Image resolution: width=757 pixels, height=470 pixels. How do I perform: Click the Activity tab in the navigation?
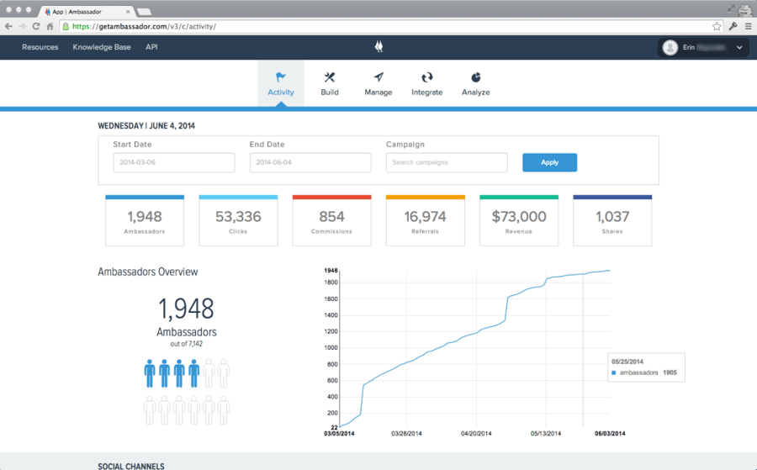coord(281,83)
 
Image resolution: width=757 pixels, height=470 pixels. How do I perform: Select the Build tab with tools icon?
coord(330,83)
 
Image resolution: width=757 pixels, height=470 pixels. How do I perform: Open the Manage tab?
coord(378,83)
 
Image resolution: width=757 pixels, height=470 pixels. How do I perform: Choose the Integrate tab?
coord(427,83)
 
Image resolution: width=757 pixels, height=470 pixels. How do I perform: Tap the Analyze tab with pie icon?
coord(475,83)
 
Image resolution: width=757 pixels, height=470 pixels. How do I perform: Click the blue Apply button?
coord(549,162)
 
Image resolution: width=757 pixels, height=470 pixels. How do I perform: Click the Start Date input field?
coord(174,162)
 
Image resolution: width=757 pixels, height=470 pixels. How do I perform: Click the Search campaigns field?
coord(447,162)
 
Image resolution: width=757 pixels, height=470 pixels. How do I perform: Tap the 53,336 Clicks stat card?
coord(238,221)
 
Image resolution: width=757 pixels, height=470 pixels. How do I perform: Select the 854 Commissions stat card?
coord(331,221)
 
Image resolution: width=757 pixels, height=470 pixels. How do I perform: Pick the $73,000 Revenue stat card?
coord(519,221)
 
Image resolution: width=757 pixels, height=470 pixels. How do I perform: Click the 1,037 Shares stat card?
coord(612,221)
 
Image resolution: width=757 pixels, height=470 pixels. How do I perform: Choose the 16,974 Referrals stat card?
coord(425,221)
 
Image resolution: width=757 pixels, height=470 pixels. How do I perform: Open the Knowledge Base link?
coord(102,47)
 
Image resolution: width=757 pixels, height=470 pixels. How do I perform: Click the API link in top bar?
coord(151,47)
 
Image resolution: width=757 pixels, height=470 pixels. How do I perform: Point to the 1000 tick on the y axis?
coord(331,347)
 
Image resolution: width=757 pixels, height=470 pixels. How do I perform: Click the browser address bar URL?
coord(144,26)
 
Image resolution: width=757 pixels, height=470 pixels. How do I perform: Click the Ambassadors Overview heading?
coord(148,272)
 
